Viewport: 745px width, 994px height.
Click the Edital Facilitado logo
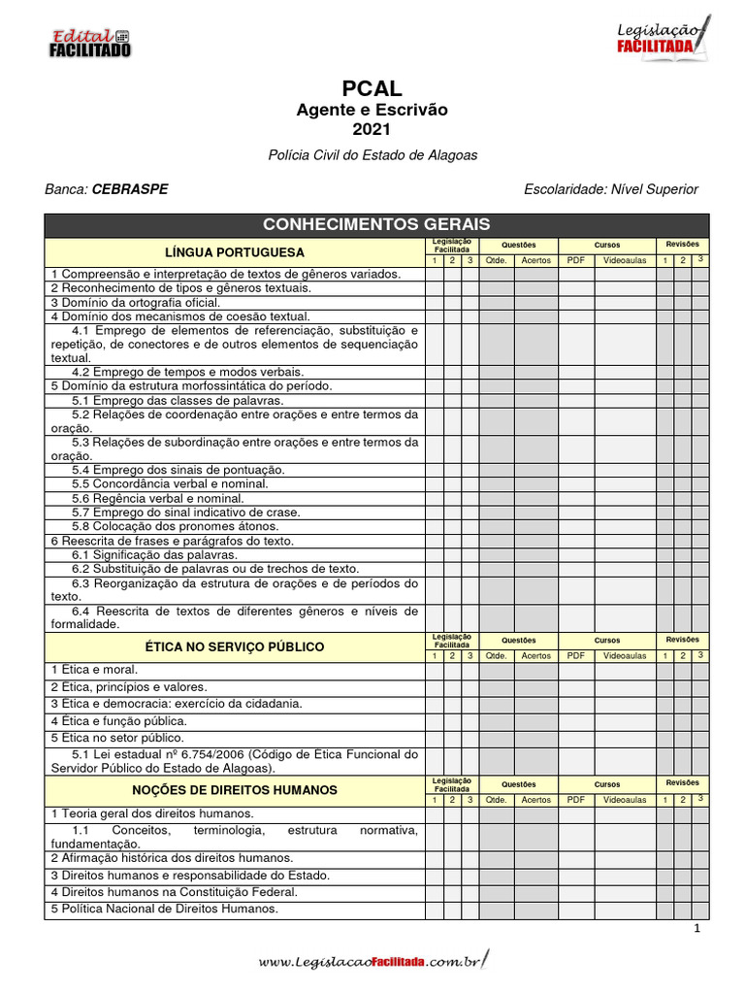tap(89, 42)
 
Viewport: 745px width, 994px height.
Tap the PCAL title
tap(372, 89)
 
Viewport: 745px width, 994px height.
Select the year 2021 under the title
tap(372, 129)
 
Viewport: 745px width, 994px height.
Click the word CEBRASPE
tap(129, 189)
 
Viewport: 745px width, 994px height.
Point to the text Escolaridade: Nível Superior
tap(610, 189)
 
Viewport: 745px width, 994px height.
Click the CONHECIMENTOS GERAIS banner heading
tap(376, 224)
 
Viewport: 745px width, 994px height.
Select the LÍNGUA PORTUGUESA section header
tap(235, 252)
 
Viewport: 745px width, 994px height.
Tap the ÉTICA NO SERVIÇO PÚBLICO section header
tap(235, 647)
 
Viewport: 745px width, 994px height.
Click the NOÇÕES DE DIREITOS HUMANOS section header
tap(235, 791)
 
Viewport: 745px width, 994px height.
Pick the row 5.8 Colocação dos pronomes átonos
tap(175, 526)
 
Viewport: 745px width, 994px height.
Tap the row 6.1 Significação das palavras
tap(154, 554)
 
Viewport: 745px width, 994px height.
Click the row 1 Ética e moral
tap(94, 670)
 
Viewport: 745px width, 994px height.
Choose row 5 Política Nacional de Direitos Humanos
tap(164, 910)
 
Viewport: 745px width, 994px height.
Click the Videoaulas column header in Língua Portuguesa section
tap(625, 260)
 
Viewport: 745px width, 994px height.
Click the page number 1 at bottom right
tap(696, 929)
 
